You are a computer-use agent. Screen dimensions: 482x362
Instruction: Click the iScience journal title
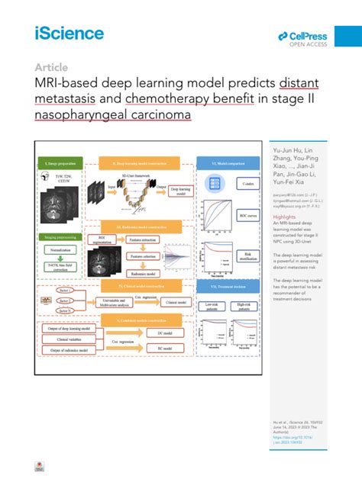pos(68,34)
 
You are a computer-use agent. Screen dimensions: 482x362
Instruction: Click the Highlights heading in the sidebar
pos(284,217)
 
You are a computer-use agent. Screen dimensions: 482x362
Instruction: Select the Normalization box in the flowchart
pos(60,249)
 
